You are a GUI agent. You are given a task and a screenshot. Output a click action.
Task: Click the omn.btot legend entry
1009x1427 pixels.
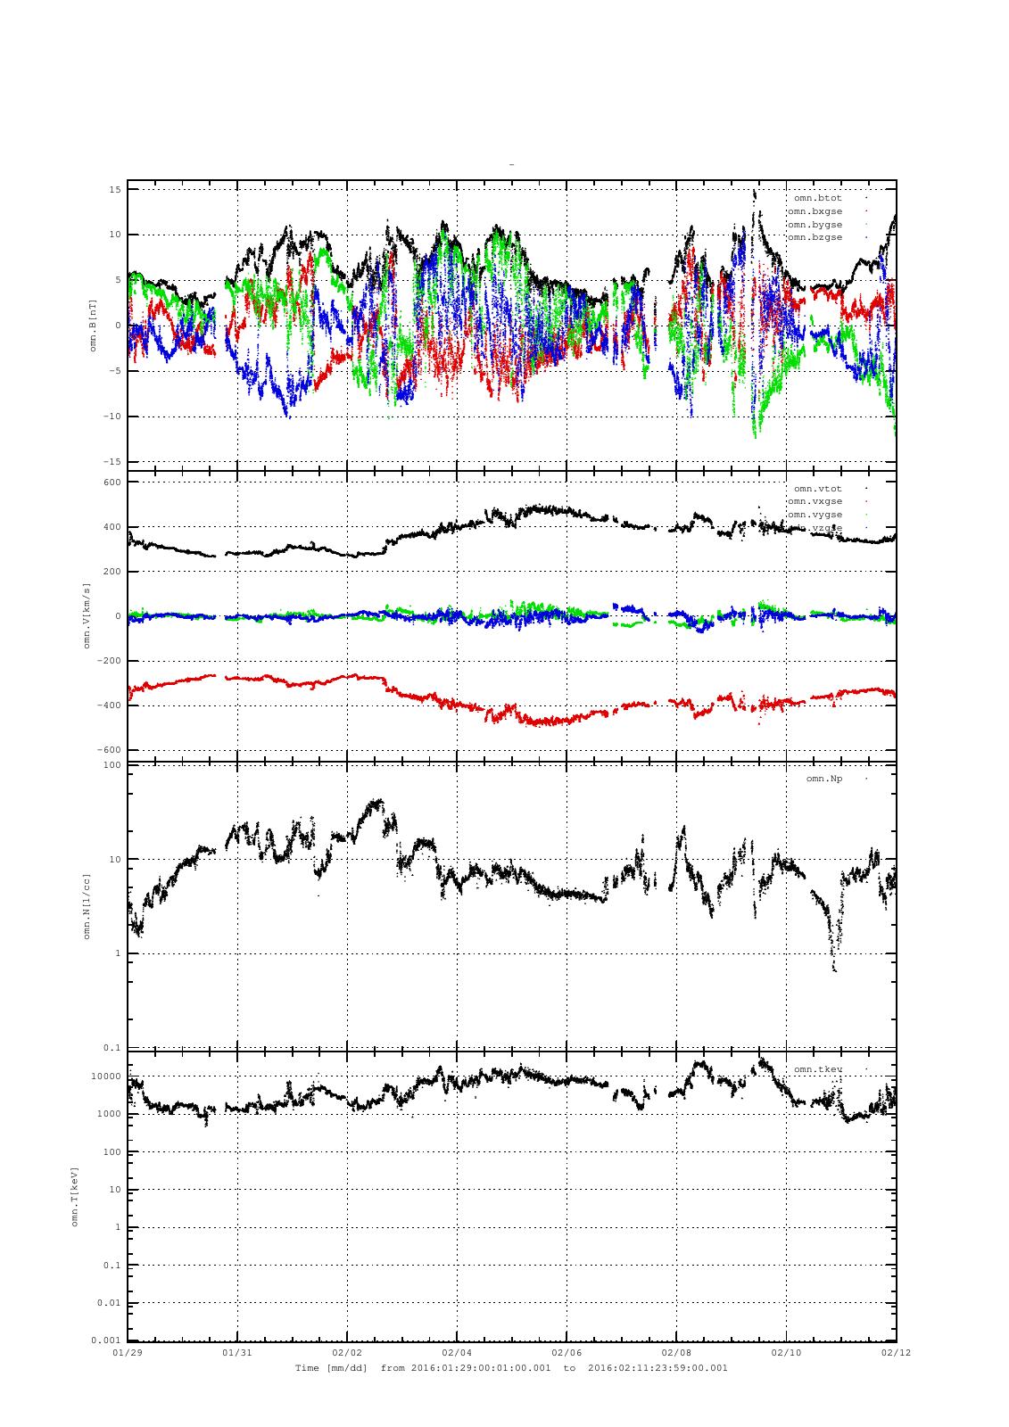pyautogui.click(x=817, y=198)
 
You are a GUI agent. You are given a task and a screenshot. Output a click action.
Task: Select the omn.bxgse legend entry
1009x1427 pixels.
pyautogui.click(x=815, y=211)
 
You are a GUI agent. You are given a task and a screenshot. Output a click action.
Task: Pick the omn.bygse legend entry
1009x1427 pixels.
pyautogui.click(x=815, y=225)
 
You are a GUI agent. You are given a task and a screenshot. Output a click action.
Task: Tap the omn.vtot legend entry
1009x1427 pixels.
pyautogui.click(x=817, y=488)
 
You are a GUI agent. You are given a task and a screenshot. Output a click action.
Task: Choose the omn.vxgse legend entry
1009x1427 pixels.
pyautogui.click(x=815, y=501)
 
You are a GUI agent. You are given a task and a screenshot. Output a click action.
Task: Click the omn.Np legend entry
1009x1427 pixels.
pyautogui.click(x=823, y=779)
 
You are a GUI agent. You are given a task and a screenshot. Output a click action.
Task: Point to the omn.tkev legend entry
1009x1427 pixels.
pyautogui.click(x=817, y=1068)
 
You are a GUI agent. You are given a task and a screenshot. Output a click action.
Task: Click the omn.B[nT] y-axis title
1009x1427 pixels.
pyautogui.click(x=93, y=326)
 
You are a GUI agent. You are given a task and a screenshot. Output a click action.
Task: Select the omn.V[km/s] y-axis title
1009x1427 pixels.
pyautogui.click(x=87, y=615)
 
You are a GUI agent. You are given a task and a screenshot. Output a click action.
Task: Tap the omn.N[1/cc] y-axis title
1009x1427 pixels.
pyautogui.click(x=87, y=905)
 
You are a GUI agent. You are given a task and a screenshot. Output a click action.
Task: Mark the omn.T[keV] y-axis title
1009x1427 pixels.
pyautogui.click(x=75, y=1195)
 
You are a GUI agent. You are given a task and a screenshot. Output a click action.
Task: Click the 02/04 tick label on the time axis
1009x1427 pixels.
pyautogui.click(x=456, y=1352)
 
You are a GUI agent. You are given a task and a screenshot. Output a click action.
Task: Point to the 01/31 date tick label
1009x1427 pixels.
pyautogui.click(x=236, y=1352)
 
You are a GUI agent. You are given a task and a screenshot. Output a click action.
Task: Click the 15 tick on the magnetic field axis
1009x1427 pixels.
pyautogui.click(x=115, y=189)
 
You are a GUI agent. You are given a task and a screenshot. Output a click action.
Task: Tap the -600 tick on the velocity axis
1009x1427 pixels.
pyautogui.click(x=110, y=750)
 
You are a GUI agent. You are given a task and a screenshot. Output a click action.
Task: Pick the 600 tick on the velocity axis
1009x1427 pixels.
pyautogui.click(x=112, y=483)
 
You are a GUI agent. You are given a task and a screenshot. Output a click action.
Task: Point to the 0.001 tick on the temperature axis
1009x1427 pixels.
pyautogui.click(x=107, y=1340)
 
